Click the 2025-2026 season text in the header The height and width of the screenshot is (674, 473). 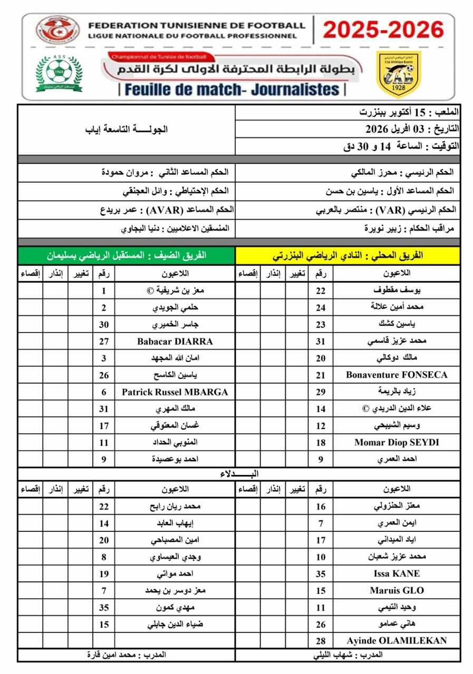click(x=383, y=30)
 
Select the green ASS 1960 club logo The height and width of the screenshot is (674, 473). click(x=59, y=73)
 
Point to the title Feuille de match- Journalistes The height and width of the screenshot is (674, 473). click(x=232, y=90)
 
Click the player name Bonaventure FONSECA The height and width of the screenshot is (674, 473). click(x=397, y=375)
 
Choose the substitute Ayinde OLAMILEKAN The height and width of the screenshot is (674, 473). click(x=397, y=640)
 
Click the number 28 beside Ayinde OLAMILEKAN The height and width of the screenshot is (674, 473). click(x=321, y=641)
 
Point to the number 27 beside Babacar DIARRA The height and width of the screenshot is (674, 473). click(x=104, y=341)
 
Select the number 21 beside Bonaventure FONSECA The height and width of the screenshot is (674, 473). click(x=321, y=375)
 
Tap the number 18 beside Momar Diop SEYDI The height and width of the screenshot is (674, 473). click(x=321, y=442)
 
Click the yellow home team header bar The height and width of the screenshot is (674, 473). click(x=347, y=256)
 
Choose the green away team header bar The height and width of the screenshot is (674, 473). click(x=127, y=256)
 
